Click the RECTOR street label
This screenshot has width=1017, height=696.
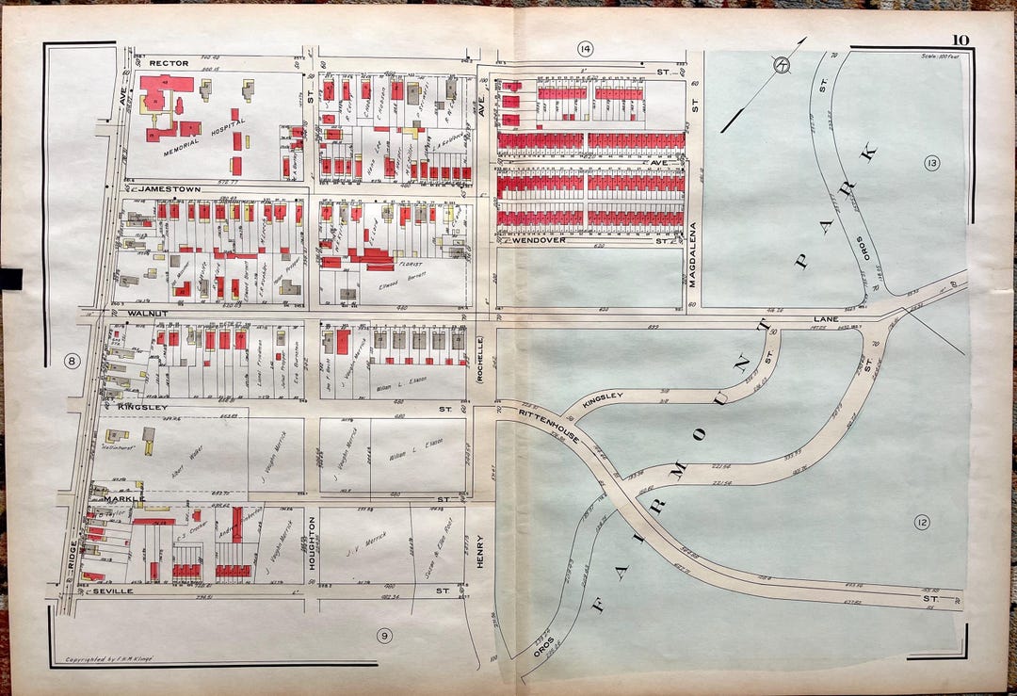pyautogui.click(x=169, y=63)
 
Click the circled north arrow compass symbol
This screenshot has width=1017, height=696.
pyautogui.click(x=781, y=65)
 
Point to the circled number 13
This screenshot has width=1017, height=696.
pyautogui.click(x=931, y=164)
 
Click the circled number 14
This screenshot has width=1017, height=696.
pyautogui.click(x=586, y=48)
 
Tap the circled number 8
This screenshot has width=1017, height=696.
pyautogui.click(x=69, y=360)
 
